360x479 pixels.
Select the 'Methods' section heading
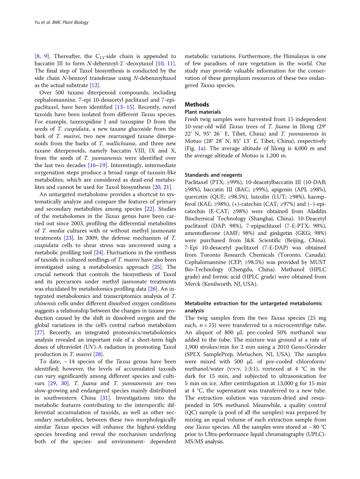coord(197,104)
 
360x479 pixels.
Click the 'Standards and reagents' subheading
coord(213,175)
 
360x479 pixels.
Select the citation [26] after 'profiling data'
coord(153,289)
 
